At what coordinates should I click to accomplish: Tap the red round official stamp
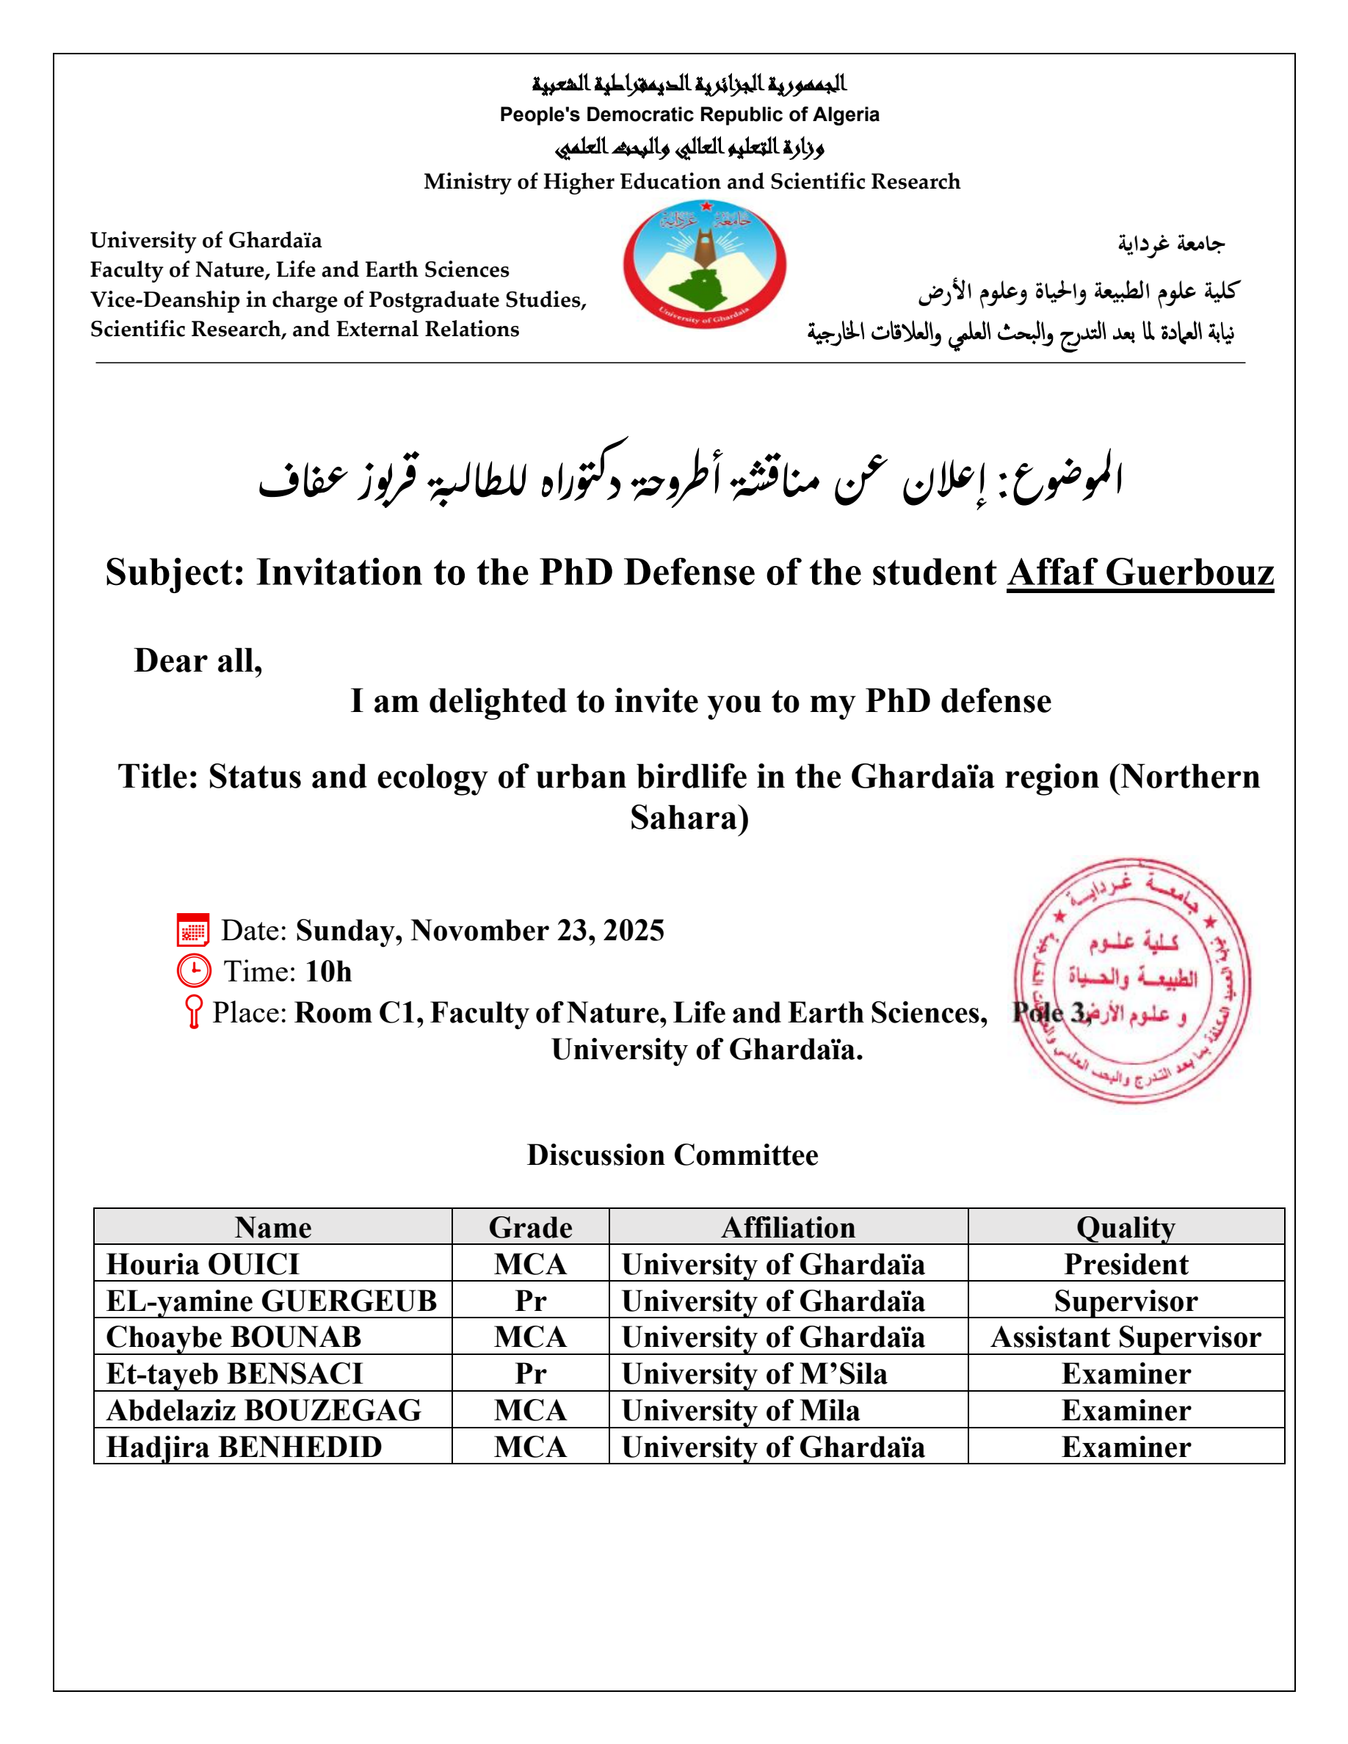click(x=1131, y=982)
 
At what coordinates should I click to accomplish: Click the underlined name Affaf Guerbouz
click(x=1139, y=573)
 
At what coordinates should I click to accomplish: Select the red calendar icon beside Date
click(x=193, y=930)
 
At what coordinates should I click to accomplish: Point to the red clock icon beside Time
click(x=194, y=971)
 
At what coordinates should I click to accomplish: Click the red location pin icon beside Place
click(x=193, y=1011)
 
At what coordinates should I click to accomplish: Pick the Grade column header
click(x=530, y=1227)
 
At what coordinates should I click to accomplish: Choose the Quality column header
click(x=1126, y=1227)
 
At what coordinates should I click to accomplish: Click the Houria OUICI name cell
click(x=203, y=1264)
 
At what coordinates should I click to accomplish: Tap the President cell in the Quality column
click(x=1126, y=1264)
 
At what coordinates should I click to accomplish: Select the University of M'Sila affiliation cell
click(x=754, y=1373)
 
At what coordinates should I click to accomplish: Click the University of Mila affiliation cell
click(x=740, y=1410)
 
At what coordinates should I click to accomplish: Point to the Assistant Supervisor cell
click(x=1126, y=1337)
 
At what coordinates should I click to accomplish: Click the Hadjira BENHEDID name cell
click(x=244, y=1447)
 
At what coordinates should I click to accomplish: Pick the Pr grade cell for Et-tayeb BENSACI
click(x=530, y=1373)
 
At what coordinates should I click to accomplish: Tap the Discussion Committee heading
click(x=673, y=1155)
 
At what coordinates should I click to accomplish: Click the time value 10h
click(x=328, y=971)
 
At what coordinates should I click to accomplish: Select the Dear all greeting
click(x=198, y=661)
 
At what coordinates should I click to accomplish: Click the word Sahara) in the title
click(x=689, y=818)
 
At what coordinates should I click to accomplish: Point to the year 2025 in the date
click(x=634, y=930)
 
